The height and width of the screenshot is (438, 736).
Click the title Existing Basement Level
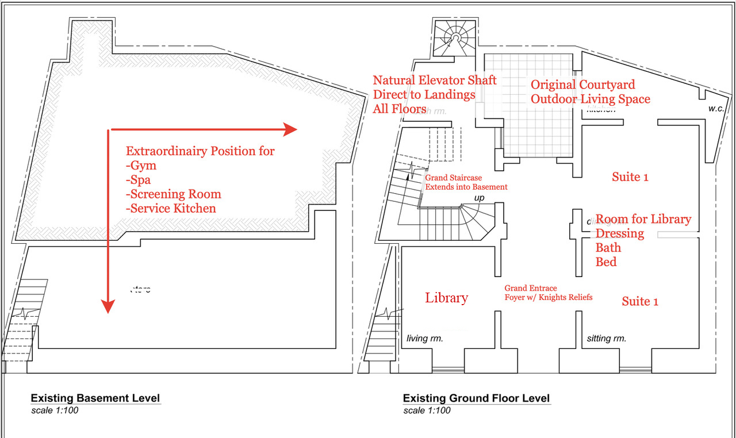point(95,398)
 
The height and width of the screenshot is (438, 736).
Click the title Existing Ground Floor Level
point(476,398)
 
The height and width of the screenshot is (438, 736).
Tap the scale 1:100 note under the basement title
point(55,411)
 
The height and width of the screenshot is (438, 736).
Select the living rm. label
point(425,339)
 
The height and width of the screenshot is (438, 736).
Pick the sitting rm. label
point(607,339)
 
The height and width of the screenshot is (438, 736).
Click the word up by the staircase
point(479,198)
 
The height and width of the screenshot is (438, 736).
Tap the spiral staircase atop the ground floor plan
point(455,39)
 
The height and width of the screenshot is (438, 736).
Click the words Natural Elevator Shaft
point(435,80)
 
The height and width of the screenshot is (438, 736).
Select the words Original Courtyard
point(582,85)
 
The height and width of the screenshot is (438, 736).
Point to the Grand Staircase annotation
point(453,178)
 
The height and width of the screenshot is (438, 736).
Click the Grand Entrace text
point(531,288)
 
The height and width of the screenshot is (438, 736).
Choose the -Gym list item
point(141,166)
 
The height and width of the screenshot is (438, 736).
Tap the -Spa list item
point(139,180)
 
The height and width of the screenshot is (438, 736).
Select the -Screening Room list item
point(174,194)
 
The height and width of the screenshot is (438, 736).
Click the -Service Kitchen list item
point(171,208)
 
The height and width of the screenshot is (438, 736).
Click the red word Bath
point(608,248)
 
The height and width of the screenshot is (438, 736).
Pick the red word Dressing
point(620,233)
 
